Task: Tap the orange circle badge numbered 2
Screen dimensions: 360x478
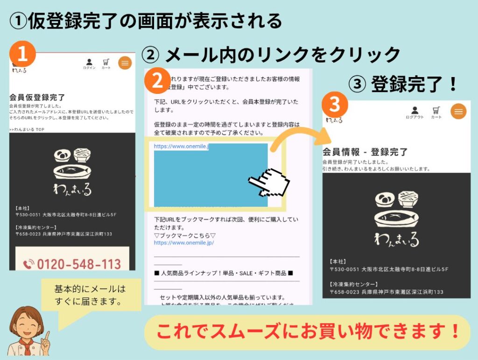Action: pyautogui.click(x=157, y=81)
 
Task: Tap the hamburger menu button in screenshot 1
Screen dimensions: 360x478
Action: pyautogui.click(x=125, y=63)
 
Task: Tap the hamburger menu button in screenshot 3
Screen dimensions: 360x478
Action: pyautogui.click(x=458, y=112)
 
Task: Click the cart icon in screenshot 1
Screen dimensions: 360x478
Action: pyautogui.click(x=106, y=64)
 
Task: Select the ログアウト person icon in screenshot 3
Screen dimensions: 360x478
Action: pyautogui.click(x=415, y=112)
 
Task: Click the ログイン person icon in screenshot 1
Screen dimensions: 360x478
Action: pyautogui.click(x=89, y=64)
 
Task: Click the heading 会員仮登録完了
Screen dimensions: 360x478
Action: pyautogui.click(x=37, y=98)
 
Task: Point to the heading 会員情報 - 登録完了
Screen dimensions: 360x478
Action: pyautogui.click(x=366, y=152)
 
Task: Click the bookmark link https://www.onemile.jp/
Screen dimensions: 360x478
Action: pyautogui.click(x=184, y=243)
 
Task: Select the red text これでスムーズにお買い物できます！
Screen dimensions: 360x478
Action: pyautogui.click(x=307, y=332)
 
